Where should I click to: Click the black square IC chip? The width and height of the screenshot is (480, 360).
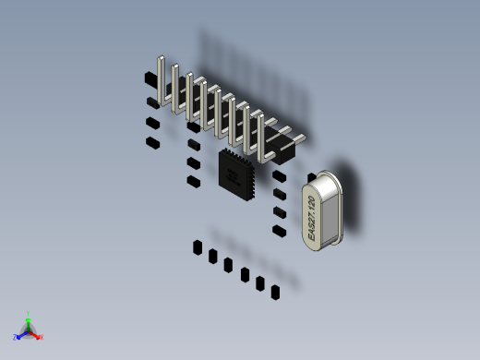click(237, 173)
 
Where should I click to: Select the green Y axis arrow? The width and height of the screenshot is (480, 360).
click(29, 318)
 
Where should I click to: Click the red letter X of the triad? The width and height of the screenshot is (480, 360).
click(41, 337)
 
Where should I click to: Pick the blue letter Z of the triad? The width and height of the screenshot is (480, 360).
click(16, 338)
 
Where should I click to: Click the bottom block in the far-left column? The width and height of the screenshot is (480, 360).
click(152, 142)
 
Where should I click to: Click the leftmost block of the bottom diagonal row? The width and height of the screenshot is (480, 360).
click(197, 247)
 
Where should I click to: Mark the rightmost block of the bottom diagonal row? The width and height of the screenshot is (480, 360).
click(275, 292)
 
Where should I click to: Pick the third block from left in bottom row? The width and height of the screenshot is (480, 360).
click(228, 265)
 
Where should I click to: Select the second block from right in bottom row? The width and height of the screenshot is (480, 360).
click(260, 283)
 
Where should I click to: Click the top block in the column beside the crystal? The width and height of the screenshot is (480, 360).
click(280, 175)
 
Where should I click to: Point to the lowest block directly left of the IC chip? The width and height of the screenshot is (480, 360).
click(193, 181)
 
